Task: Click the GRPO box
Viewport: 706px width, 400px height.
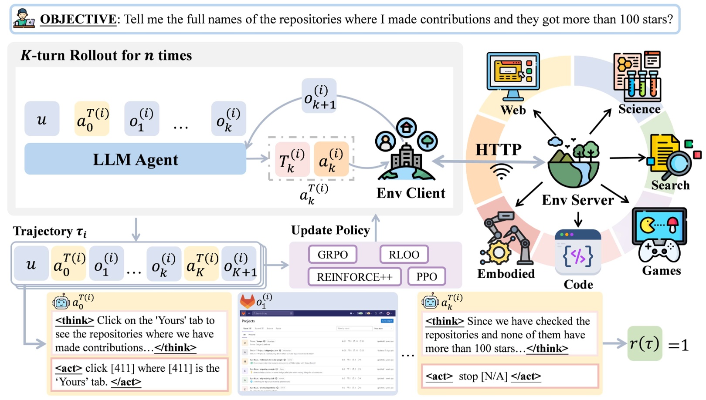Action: pyautogui.click(x=333, y=255)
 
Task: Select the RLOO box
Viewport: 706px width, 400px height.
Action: pyautogui.click(x=404, y=255)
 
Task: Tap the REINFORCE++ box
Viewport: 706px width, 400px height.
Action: pyautogui.click(x=354, y=277)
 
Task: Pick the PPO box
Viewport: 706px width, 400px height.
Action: pyautogui.click(x=426, y=277)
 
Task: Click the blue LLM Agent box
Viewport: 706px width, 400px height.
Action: pyautogui.click(x=135, y=159)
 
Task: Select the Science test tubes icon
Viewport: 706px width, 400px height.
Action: pyautogui.click(x=637, y=77)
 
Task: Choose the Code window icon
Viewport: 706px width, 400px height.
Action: pyautogui.click(x=578, y=253)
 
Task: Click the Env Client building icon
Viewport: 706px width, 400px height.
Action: pyautogui.click(x=406, y=150)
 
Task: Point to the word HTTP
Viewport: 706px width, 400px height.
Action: pyautogui.click(x=498, y=150)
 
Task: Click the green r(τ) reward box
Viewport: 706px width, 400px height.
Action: pyautogui.click(x=644, y=344)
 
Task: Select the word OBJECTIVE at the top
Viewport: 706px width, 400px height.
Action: pyautogui.click(x=78, y=19)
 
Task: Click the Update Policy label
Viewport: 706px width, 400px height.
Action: pyautogui.click(x=330, y=230)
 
